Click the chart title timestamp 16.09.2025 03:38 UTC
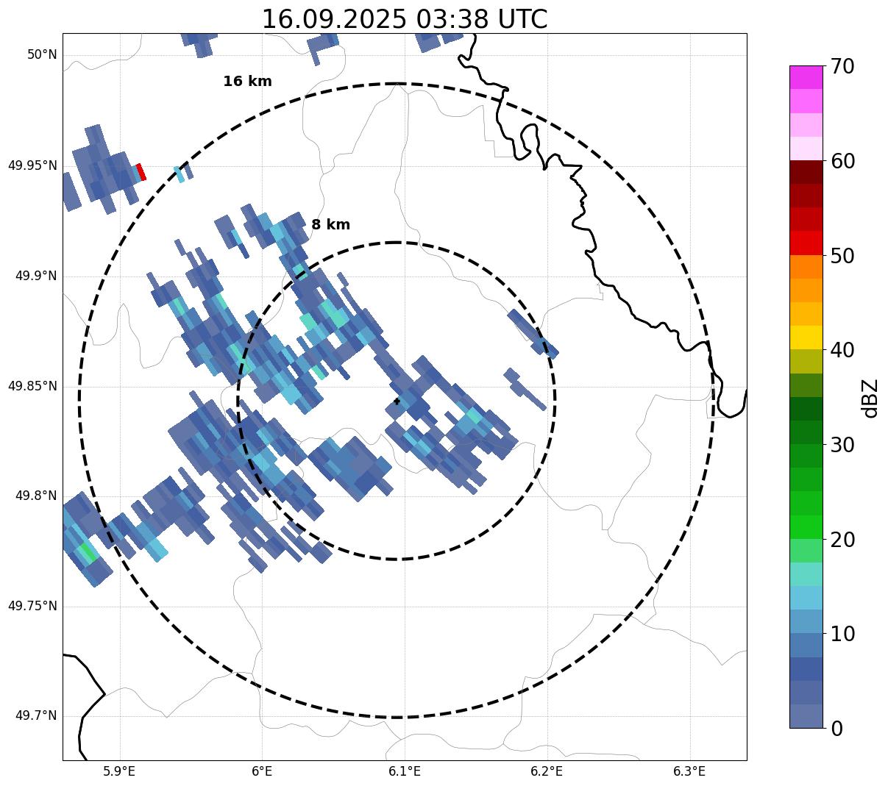[404, 19]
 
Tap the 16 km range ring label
[247, 82]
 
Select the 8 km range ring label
[330, 225]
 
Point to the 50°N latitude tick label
[42, 55]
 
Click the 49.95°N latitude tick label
[32, 165]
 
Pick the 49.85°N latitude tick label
[32, 386]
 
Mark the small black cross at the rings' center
[397, 401]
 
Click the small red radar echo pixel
[141, 172]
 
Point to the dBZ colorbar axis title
[870, 398]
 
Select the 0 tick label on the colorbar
[837, 729]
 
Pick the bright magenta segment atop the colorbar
[806, 77]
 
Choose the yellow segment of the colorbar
[806, 337]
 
